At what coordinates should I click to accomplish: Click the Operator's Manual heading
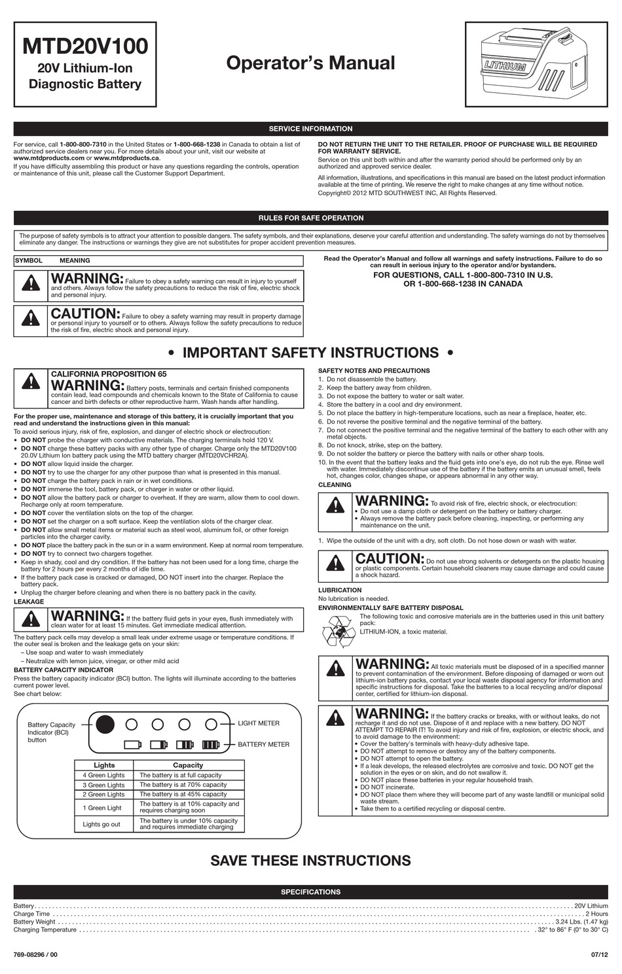tap(310, 63)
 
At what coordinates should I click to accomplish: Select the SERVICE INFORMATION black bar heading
tap(310, 129)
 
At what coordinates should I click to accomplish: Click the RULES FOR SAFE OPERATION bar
tap(310, 218)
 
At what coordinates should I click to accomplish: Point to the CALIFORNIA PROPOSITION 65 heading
tap(109, 374)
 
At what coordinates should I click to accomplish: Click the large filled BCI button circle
tap(105, 725)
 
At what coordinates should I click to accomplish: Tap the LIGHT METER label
tap(259, 723)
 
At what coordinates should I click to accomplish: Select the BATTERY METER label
tap(263, 744)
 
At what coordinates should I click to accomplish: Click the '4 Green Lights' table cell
tap(103, 775)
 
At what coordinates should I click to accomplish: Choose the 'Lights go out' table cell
tap(101, 824)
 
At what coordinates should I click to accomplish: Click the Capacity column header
tap(188, 765)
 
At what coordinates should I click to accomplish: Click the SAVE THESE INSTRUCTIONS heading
tap(310, 860)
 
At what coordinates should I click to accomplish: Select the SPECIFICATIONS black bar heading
tap(310, 892)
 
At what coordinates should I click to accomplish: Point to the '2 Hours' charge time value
tap(596, 914)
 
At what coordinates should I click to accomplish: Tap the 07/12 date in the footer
tap(599, 954)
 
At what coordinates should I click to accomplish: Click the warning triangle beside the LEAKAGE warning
tap(31, 619)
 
